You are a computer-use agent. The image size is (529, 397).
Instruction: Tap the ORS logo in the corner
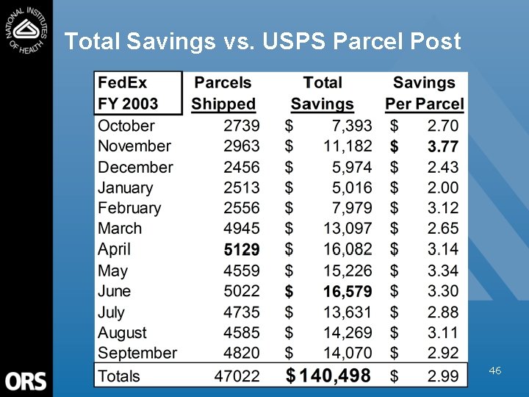tap(26, 381)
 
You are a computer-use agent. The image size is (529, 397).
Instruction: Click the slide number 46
tap(495, 372)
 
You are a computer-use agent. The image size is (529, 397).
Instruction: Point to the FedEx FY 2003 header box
tap(138, 93)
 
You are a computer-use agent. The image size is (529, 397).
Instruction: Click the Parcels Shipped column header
tap(223, 93)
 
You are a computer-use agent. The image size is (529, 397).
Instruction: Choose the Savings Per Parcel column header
tap(424, 93)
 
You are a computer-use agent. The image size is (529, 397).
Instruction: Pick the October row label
tap(126, 126)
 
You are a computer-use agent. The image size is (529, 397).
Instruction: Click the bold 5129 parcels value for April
tap(242, 250)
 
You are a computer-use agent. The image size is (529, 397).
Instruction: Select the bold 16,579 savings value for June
tap(348, 292)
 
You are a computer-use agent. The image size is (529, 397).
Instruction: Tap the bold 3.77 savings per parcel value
tap(443, 147)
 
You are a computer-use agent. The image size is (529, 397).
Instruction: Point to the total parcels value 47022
tap(237, 376)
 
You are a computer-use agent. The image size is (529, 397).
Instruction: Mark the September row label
tap(137, 354)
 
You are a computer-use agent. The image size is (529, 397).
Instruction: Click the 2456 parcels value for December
tap(242, 168)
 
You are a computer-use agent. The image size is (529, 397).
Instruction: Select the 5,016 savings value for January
tap(348, 188)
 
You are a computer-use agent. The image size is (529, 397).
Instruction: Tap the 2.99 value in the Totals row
tap(443, 376)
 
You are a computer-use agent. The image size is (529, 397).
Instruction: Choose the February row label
tap(129, 209)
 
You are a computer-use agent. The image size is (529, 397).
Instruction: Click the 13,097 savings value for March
tap(348, 229)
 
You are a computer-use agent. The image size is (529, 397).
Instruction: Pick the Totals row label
tap(119, 376)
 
